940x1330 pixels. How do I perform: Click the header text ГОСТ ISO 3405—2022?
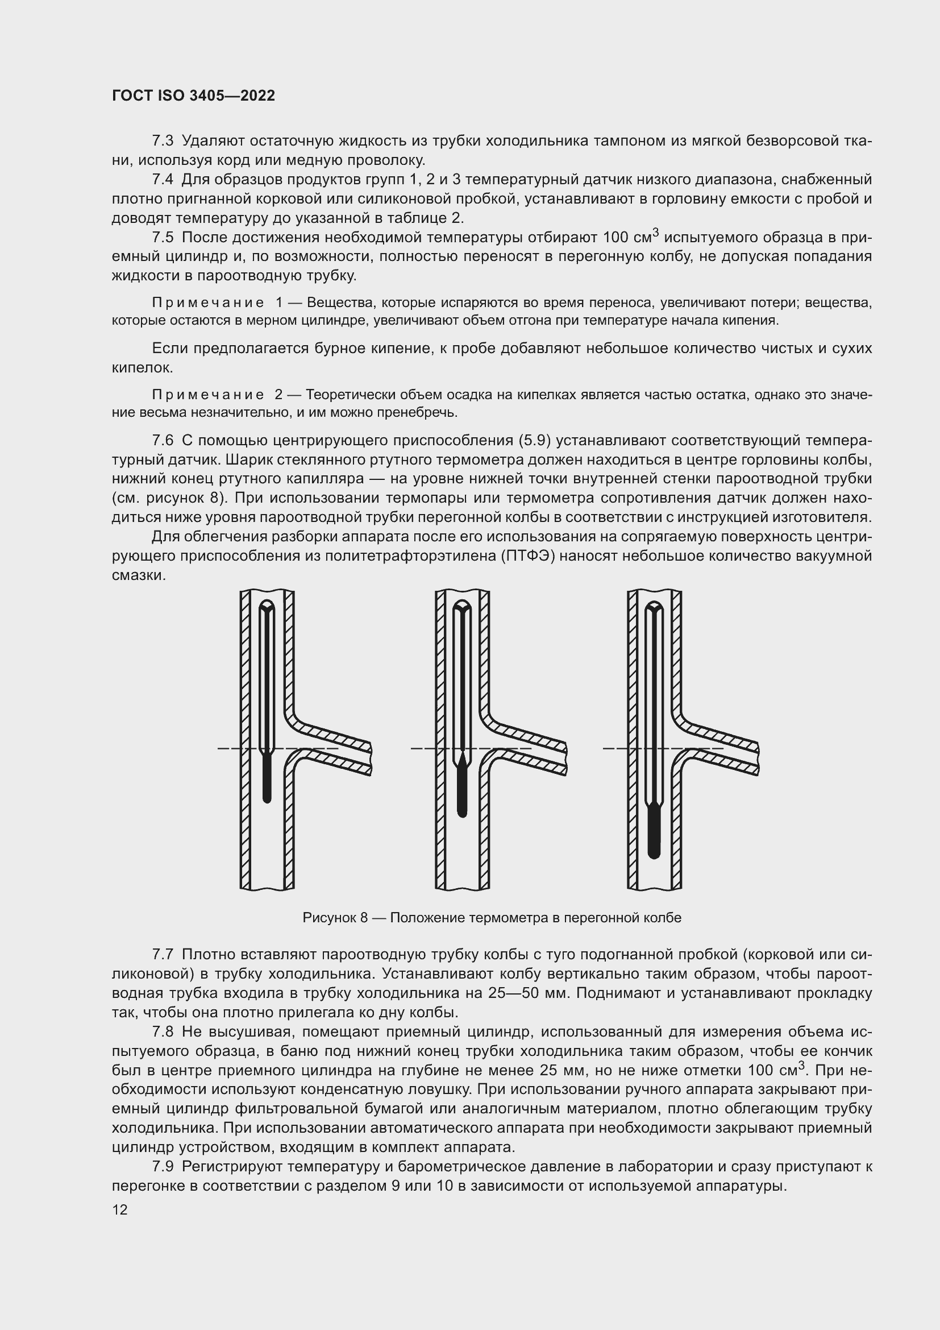pos(193,96)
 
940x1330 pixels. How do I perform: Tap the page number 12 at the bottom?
pos(120,1209)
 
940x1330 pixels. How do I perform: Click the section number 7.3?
pos(163,141)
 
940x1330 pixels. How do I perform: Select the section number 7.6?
pos(163,440)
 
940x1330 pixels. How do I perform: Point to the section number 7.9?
pos(163,1166)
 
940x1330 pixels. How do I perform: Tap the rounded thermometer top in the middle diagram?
pos(462,608)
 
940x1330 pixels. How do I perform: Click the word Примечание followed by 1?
pos(208,303)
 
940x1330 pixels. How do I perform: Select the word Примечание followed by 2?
pos(208,395)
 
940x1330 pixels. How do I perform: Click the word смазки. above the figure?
pos(139,575)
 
